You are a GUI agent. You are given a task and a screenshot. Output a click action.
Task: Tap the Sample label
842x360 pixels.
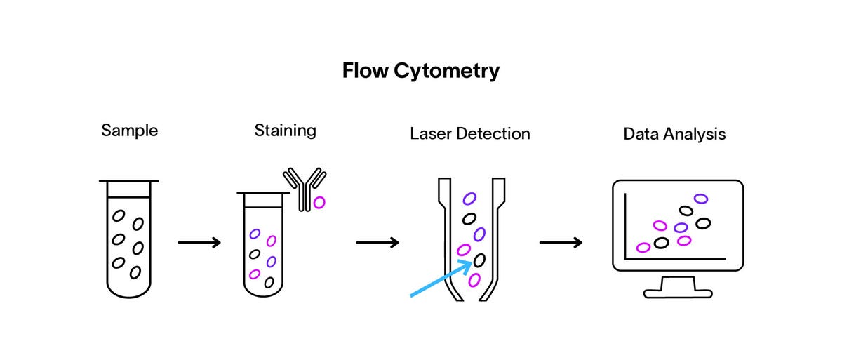(129, 131)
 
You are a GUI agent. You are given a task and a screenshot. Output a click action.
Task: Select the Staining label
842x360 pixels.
(285, 131)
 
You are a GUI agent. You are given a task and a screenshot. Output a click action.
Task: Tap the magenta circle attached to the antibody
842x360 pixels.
(319, 202)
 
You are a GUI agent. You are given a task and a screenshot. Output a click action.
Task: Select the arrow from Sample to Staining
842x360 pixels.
(199, 243)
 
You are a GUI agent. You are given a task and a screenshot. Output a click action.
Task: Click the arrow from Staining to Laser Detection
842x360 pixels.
(377, 243)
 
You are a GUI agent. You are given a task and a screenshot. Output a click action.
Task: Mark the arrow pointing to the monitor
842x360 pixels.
(561, 243)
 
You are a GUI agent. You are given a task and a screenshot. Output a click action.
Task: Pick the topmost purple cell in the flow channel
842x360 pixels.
(469, 199)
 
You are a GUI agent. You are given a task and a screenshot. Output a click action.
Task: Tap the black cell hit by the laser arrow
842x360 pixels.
(479, 260)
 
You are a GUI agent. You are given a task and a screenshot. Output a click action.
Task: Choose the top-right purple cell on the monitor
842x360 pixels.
(700, 199)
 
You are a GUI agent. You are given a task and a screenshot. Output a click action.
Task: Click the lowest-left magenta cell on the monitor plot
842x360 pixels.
(643, 247)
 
